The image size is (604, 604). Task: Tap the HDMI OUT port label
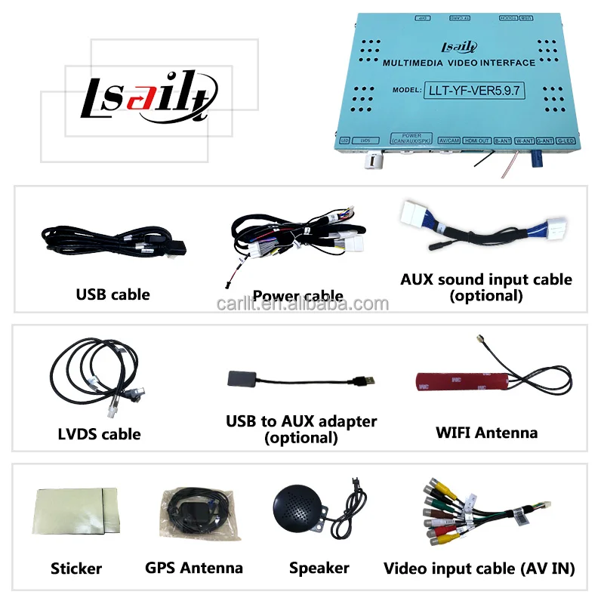pyautogui.click(x=476, y=140)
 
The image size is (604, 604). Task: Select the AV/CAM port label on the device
pyautogui.click(x=449, y=140)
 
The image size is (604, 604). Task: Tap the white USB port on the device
pyautogui.click(x=372, y=159)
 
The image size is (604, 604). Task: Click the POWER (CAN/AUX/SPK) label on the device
pyautogui.click(x=411, y=139)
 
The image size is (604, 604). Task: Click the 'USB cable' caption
pyautogui.click(x=112, y=294)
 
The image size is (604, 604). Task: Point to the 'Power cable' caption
pyautogui.click(x=297, y=296)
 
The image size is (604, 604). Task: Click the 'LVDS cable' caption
pyautogui.click(x=99, y=434)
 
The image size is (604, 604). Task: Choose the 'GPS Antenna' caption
pyautogui.click(x=194, y=568)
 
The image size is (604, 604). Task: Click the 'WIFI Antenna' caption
pyautogui.click(x=486, y=433)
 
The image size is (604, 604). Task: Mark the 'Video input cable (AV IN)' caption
pyautogui.click(x=479, y=568)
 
